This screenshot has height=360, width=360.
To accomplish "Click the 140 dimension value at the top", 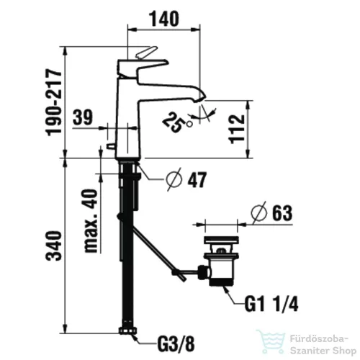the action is [x=164, y=19].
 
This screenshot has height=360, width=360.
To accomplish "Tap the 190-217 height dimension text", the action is [x=55, y=102].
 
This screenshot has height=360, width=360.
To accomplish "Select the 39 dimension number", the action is [x=83, y=117].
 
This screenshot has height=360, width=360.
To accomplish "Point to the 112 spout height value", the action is [x=237, y=129].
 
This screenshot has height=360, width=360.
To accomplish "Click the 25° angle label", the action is [x=177, y=122].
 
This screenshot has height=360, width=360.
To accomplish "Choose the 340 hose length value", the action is [x=54, y=246].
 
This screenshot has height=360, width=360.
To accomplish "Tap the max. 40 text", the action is [x=91, y=221].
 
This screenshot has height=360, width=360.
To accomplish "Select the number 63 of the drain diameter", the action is [x=282, y=212].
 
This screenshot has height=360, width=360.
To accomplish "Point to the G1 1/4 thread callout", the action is [x=271, y=304].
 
